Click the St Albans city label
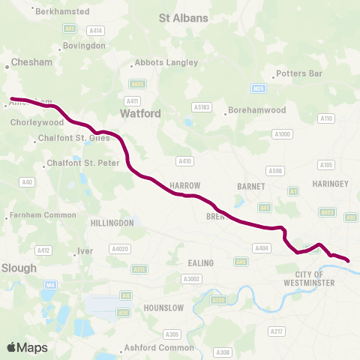(187, 16)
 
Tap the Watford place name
(140, 113)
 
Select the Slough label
(19, 267)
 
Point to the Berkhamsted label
(61, 12)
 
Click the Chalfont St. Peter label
(78, 162)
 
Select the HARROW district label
(182, 184)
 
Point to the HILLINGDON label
(112, 223)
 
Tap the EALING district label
(202, 262)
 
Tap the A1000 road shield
(282, 133)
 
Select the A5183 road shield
(201, 107)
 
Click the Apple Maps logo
(27, 347)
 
